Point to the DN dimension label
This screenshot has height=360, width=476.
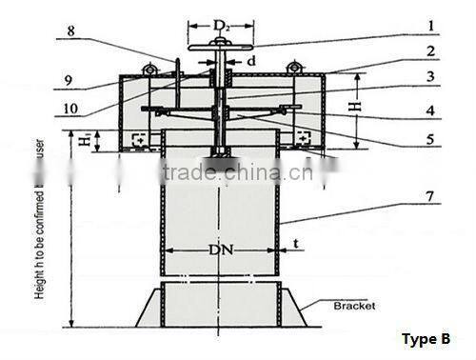pyautogui.click(x=221, y=251)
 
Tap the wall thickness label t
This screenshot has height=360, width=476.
pyautogui.click(x=297, y=243)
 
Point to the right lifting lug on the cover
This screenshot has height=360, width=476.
pyautogui.click(x=294, y=67)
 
